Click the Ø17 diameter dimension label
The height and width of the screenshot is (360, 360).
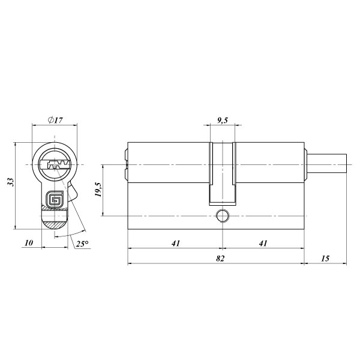pos(55,120)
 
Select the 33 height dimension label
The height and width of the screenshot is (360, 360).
pos(11,182)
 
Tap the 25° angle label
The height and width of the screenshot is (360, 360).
pos(82,244)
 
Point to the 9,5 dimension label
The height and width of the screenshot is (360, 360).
pos(222,121)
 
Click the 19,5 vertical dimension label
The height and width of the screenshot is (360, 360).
pos(98,190)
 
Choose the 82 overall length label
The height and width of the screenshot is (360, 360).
pos(220,258)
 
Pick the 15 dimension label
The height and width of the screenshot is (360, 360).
pos(325,258)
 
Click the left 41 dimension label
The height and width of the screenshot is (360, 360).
pos(176,243)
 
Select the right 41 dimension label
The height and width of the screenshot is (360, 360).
pos(263,243)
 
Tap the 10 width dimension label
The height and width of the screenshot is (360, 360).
pos(29,242)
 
